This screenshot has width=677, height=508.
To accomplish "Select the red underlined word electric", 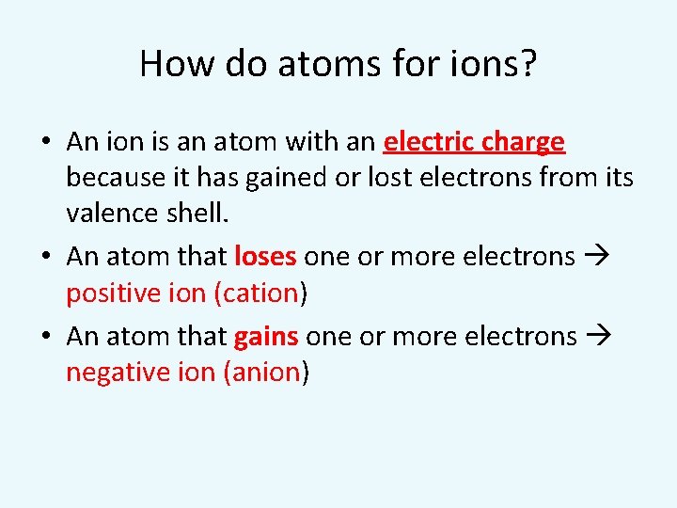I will point(429,142).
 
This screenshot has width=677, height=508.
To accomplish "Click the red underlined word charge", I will point(522,142).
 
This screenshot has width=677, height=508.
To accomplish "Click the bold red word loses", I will point(265,256).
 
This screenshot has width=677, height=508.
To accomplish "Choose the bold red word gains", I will point(266,336).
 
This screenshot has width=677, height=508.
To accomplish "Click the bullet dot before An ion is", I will point(46,143).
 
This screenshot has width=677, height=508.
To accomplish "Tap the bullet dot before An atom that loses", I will point(46,257).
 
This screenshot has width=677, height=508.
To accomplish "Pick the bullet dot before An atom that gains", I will point(46,337).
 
